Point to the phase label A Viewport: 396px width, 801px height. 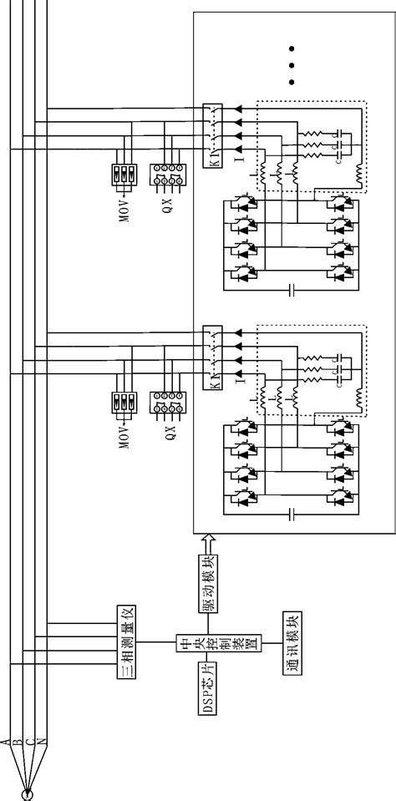pyautogui.click(x=7, y=741)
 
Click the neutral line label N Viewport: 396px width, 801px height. pyautogui.click(x=42, y=741)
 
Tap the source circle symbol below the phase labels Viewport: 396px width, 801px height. pyautogui.click(x=28, y=792)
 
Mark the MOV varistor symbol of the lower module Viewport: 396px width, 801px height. pyautogui.click(x=122, y=403)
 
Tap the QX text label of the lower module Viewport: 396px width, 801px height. pyautogui.click(x=170, y=433)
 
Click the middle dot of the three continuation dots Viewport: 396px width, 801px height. pyautogui.click(x=292, y=63)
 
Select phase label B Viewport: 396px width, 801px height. pyautogui.click(x=18, y=741)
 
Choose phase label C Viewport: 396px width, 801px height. pyautogui.click(x=30, y=741)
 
